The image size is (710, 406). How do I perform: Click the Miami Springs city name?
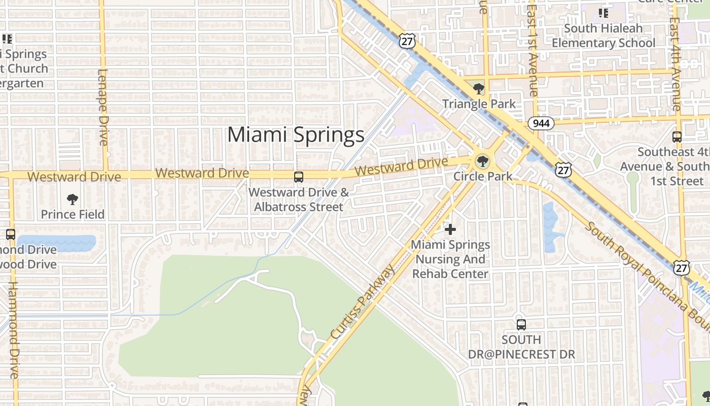[296, 135]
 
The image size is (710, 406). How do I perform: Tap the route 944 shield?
[541, 123]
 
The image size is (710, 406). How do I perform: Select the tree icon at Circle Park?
[482, 162]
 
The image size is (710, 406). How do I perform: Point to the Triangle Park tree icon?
[478, 90]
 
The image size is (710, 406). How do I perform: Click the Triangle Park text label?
[479, 104]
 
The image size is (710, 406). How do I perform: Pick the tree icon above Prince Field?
[73, 199]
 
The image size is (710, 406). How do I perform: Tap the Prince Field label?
[73, 214]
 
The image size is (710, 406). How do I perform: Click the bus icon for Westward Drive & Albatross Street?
[299, 177]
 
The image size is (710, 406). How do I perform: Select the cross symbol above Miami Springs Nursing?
[450, 229]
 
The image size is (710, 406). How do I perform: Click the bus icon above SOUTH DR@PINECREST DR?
[521, 325]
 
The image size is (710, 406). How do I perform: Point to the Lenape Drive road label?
[103, 107]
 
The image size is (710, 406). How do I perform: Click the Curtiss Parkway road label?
[362, 302]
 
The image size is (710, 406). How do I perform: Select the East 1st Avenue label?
[532, 48]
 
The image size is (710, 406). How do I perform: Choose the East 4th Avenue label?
[676, 63]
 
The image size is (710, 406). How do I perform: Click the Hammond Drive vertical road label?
[14, 330]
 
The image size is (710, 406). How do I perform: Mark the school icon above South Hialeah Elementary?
[603, 13]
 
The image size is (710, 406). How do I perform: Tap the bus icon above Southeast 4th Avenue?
[677, 137]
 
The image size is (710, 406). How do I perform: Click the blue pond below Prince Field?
[56, 243]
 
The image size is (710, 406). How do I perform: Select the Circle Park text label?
[483, 177]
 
